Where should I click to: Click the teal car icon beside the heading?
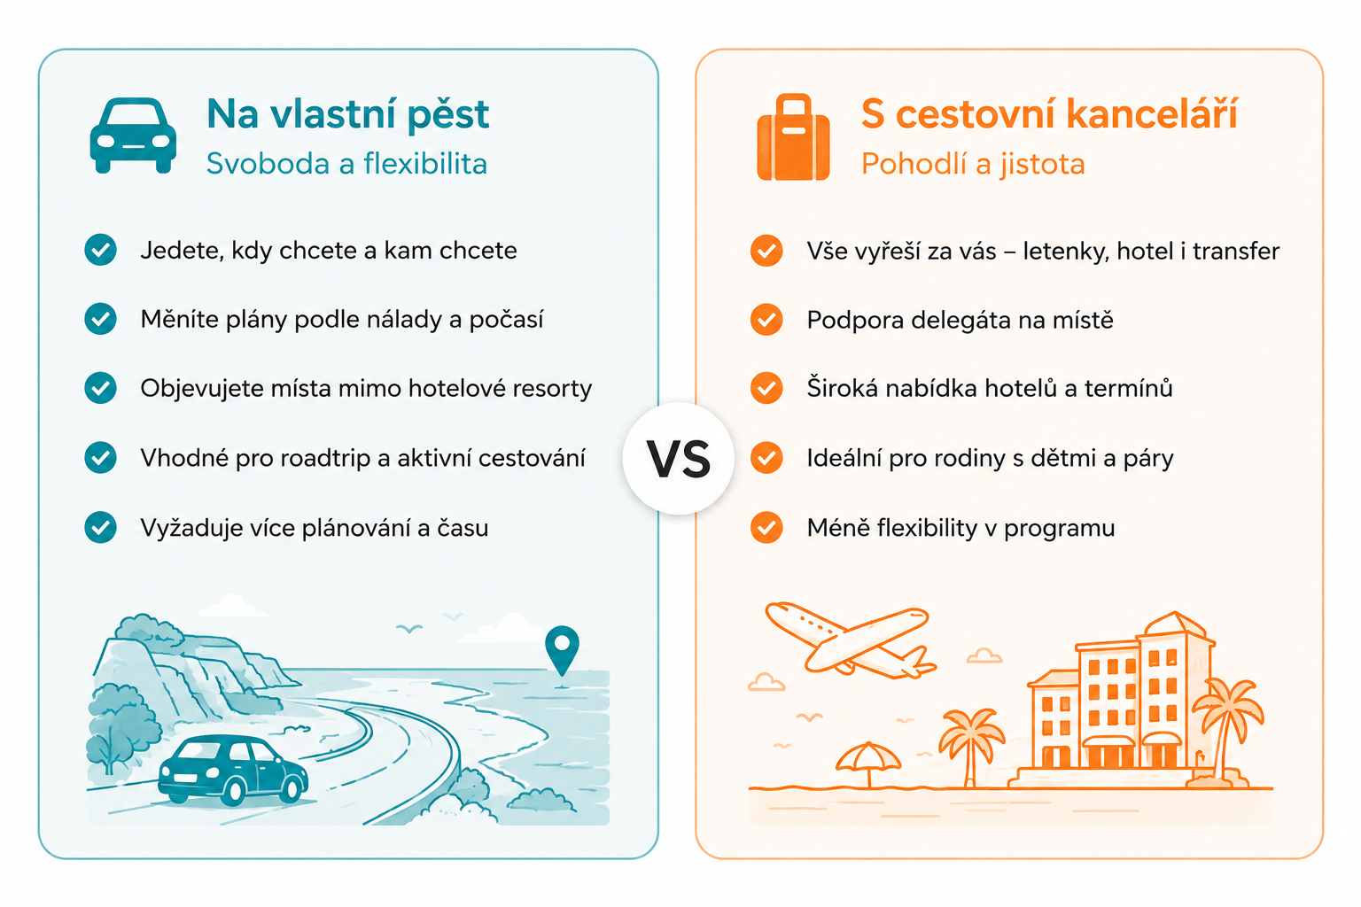pyautogui.click(x=133, y=136)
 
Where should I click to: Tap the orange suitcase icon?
pyautogui.click(x=793, y=137)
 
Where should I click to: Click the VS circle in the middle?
pyautogui.click(x=678, y=459)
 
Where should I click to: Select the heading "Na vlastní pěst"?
pyautogui.click(x=347, y=114)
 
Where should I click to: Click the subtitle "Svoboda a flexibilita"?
pyautogui.click(x=346, y=163)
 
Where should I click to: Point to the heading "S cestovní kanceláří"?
pyautogui.click(x=1049, y=114)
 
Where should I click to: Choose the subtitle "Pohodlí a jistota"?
pyautogui.click(x=973, y=164)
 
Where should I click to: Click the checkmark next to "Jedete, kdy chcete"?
pyautogui.click(x=101, y=250)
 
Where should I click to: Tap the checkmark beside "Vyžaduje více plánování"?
pyautogui.click(x=101, y=527)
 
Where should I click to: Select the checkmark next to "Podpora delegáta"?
pyautogui.click(x=766, y=320)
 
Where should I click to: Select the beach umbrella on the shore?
pyautogui.click(x=869, y=764)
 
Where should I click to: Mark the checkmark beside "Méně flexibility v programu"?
pyautogui.click(x=766, y=527)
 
